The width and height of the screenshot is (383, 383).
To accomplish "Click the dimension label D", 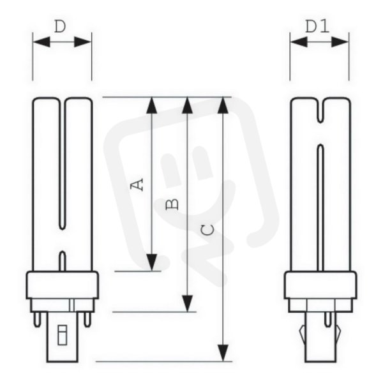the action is [x=60, y=27].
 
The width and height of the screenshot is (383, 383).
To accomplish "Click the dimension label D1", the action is [x=317, y=27].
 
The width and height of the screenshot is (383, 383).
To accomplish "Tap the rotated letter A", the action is [x=137, y=184].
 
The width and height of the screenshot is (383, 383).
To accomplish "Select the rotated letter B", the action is [x=172, y=204].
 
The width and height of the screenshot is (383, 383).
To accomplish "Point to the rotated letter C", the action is [x=207, y=230].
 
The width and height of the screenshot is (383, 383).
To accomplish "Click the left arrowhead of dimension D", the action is [x=41, y=42].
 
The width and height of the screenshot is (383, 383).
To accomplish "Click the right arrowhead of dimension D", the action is [x=82, y=42].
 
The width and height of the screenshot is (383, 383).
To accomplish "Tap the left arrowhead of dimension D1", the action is [x=299, y=42].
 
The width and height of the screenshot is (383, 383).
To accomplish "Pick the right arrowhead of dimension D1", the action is [x=340, y=42].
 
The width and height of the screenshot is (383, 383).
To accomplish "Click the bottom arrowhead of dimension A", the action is [x=152, y=262].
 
